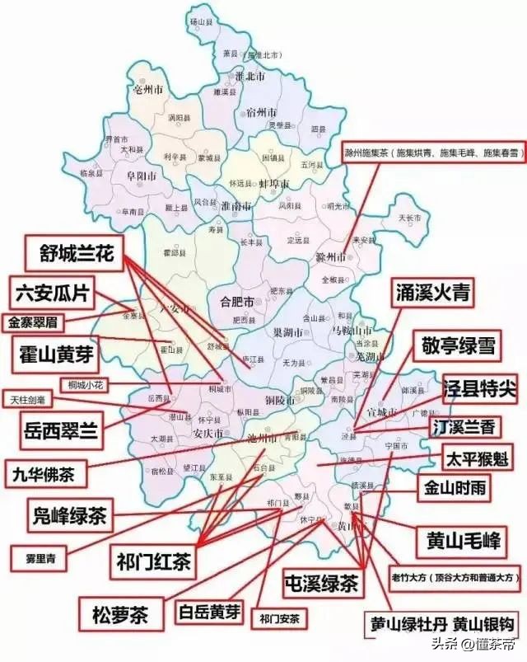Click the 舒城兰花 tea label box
pyautogui.click(x=76, y=253)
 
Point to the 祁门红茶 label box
pyautogui.click(x=154, y=561)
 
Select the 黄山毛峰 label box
pyautogui.click(x=456, y=540)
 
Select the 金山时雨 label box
pyautogui.click(x=455, y=488)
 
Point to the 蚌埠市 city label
pyautogui.click(x=273, y=184)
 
